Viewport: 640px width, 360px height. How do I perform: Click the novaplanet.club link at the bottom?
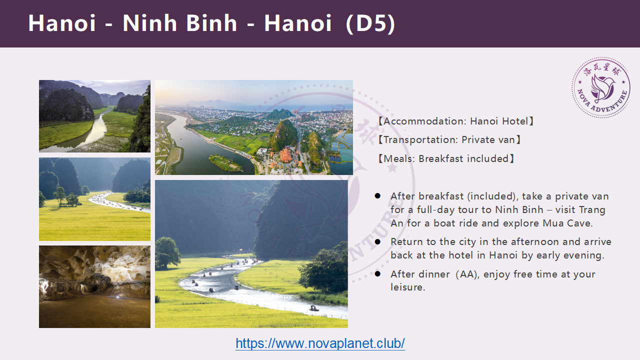pyautogui.click(x=320, y=343)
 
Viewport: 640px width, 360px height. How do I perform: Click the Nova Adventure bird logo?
pyautogui.click(x=601, y=87)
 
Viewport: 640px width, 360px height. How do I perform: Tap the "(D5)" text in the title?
pyautogui.click(x=370, y=23)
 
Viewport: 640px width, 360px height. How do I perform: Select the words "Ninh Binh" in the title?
pyautogui.click(x=179, y=23)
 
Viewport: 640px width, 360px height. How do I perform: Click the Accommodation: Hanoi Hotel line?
pyautogui.click(x=455, y=121)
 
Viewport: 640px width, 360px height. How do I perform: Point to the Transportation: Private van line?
pyautogui.click(x=449, y=139)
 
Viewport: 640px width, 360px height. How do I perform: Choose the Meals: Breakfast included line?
pyautogui.click(x=446, y=158)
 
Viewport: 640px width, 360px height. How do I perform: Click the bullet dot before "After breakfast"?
pyautogui.click(x=377, y=195)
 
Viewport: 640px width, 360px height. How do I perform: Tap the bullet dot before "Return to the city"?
pyautogui.click(x=377, y=241)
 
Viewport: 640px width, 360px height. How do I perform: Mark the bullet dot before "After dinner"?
pyautogui.click(x=377, y=273)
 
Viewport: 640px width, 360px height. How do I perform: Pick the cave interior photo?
pyautogui.click(x=94, y=286)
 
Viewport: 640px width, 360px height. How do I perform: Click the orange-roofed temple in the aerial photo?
pyautogui.click(x=286, y=156)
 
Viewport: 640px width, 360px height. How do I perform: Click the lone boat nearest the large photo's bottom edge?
pyautogui.click(x=313, y=308)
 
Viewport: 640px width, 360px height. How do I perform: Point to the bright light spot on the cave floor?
pyautogui.click(x=117, y=297)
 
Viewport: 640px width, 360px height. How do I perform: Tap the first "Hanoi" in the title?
pyautogui.click(x=61, y=23)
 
